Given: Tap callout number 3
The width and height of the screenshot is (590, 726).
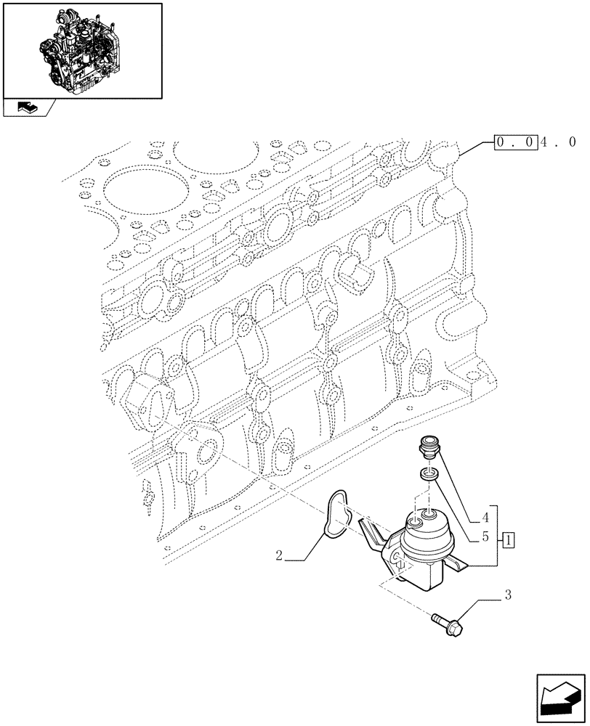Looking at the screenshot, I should coord(508,596).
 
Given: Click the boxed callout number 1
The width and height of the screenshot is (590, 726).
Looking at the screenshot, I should coord(509,539).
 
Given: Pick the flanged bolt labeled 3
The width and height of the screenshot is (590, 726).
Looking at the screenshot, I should coord(449,621).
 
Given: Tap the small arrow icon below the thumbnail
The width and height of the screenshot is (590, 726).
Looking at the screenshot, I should coord(28,108).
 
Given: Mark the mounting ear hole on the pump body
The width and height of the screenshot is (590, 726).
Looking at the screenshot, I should coord(398,558).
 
